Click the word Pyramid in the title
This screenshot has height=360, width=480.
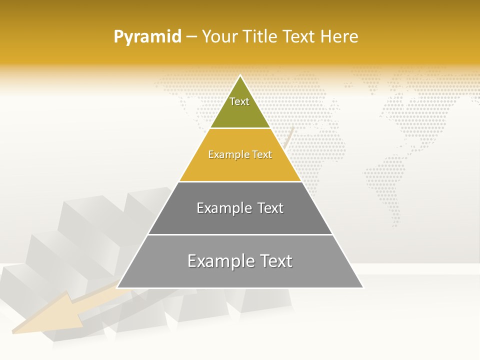tap(147, 37)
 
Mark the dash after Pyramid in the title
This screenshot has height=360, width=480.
tap(191, 37)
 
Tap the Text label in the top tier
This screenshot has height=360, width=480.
tap(239, 101)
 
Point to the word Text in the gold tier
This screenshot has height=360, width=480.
tap(262, 155)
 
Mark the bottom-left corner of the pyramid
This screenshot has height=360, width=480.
tap(117, 287)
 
